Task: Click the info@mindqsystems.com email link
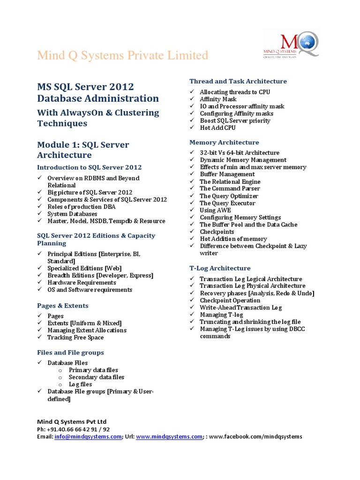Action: (x=88, y=436)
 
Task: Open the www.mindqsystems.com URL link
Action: (x=169, y=436)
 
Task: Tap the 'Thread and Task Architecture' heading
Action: (x=238, y=81)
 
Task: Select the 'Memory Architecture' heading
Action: (x=224, y=142)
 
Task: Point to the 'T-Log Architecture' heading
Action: (x=220, y=268)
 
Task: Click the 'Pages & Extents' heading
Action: (x=62, y=306)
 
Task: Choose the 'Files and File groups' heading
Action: (x=70, y=352)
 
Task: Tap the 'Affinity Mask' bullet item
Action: (x=218, y=99)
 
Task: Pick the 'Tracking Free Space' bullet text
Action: (x=75, y=337)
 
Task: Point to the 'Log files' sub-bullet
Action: (x=80, y=384)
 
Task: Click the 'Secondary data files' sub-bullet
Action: (x=96, y=377)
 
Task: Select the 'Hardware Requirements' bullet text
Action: (x=82, y=283)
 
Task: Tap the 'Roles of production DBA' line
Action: (x=81, y=207)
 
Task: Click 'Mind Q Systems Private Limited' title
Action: (x=122, y=55)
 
